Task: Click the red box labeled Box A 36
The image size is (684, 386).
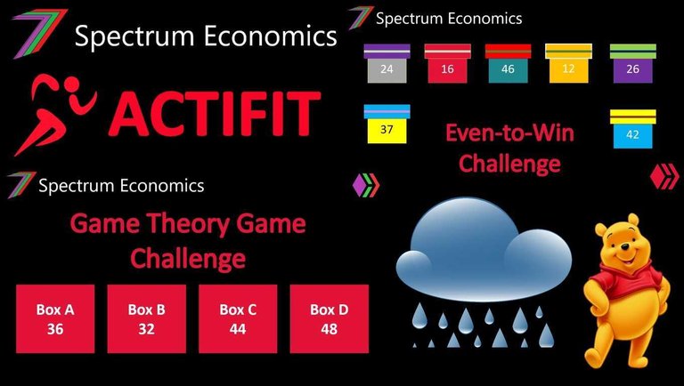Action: pos(55,319)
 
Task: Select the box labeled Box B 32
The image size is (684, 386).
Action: pos(147,319)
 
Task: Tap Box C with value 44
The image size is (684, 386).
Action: pos(238,319)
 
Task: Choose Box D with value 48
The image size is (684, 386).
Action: pos(330,319)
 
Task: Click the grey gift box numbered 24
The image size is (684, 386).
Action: pos(387,64)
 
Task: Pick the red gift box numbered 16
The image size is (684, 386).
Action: pos(448,64)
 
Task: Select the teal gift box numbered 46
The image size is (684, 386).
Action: pos(509,64)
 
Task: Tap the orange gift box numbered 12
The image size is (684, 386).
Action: pos(568,64)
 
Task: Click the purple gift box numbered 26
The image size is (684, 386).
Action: pos(633,64)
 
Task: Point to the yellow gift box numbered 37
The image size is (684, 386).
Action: pos(387,125)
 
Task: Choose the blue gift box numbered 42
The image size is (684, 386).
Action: pos(633,129)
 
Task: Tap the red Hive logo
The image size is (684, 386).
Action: pos(664,176)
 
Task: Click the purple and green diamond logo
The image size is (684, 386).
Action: pos(366,185)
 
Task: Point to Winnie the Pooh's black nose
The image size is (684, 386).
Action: pos(625,247)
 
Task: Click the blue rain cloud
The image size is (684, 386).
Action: pos(484,251)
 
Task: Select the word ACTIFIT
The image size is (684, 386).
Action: pos(215,113)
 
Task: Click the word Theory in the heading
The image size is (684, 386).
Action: pos(190,224)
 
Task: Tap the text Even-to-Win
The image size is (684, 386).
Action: pos(509,133)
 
